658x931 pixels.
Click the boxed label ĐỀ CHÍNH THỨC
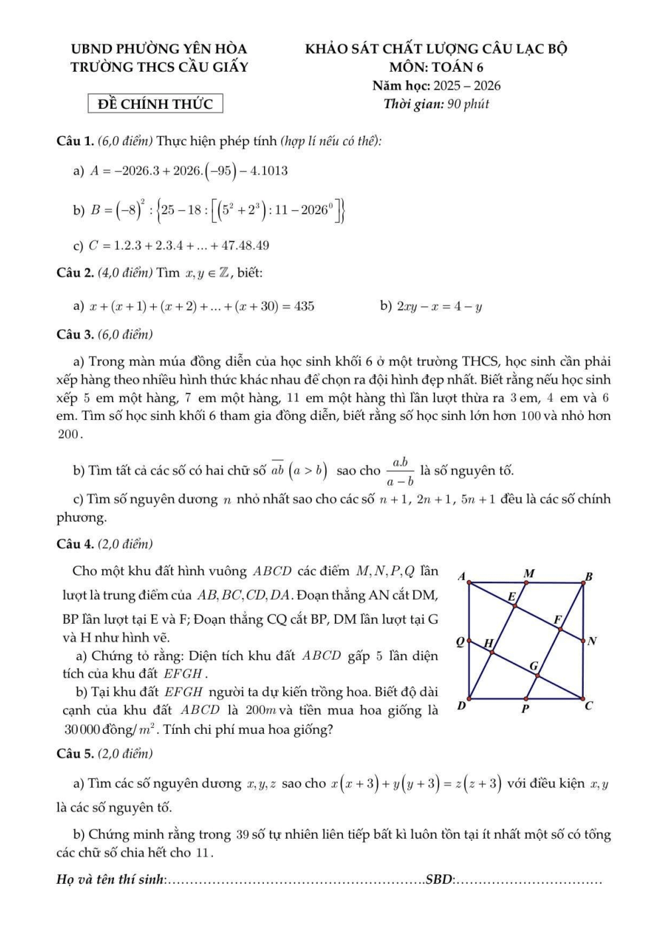click(155, 104)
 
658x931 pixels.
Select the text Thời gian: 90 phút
click(436, 104)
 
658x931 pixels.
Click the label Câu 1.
click(75, 141)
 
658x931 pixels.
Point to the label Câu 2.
click(75, 273)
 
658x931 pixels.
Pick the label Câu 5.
click(75, 754)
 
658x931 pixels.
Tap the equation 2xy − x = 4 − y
click(439, 307)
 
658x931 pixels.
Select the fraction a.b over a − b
click(400, 471)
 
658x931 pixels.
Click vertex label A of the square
click(462, 575)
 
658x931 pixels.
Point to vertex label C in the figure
click(588, 705)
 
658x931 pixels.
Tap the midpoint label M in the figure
click(529, 573)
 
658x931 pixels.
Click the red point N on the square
click(584, 640)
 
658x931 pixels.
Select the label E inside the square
click(511, 597)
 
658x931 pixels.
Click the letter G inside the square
click(533, 666)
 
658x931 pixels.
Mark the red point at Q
click(469, 641)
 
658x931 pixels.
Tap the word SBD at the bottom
click(439, 880)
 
